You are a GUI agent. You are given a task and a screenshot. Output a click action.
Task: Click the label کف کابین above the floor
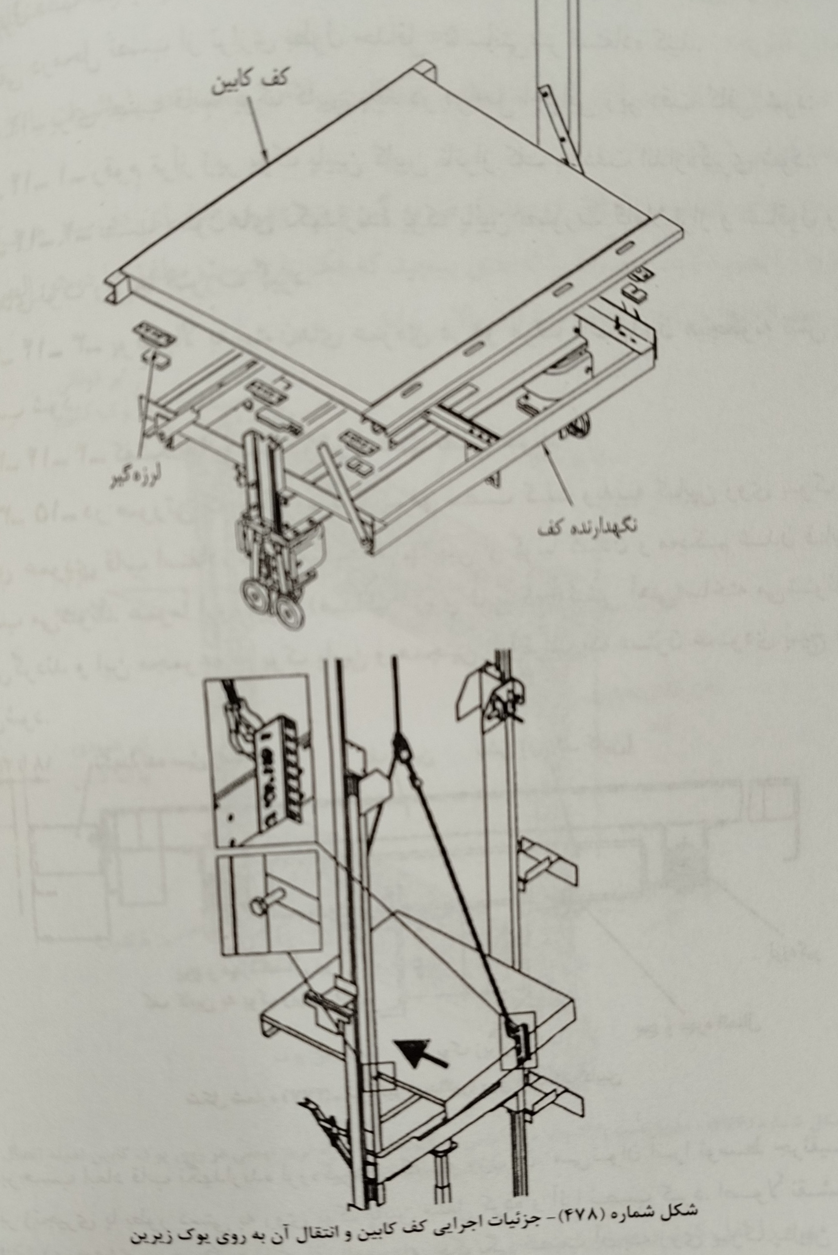coord(250,82)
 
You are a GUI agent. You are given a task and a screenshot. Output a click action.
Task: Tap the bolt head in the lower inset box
coord(258,906)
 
